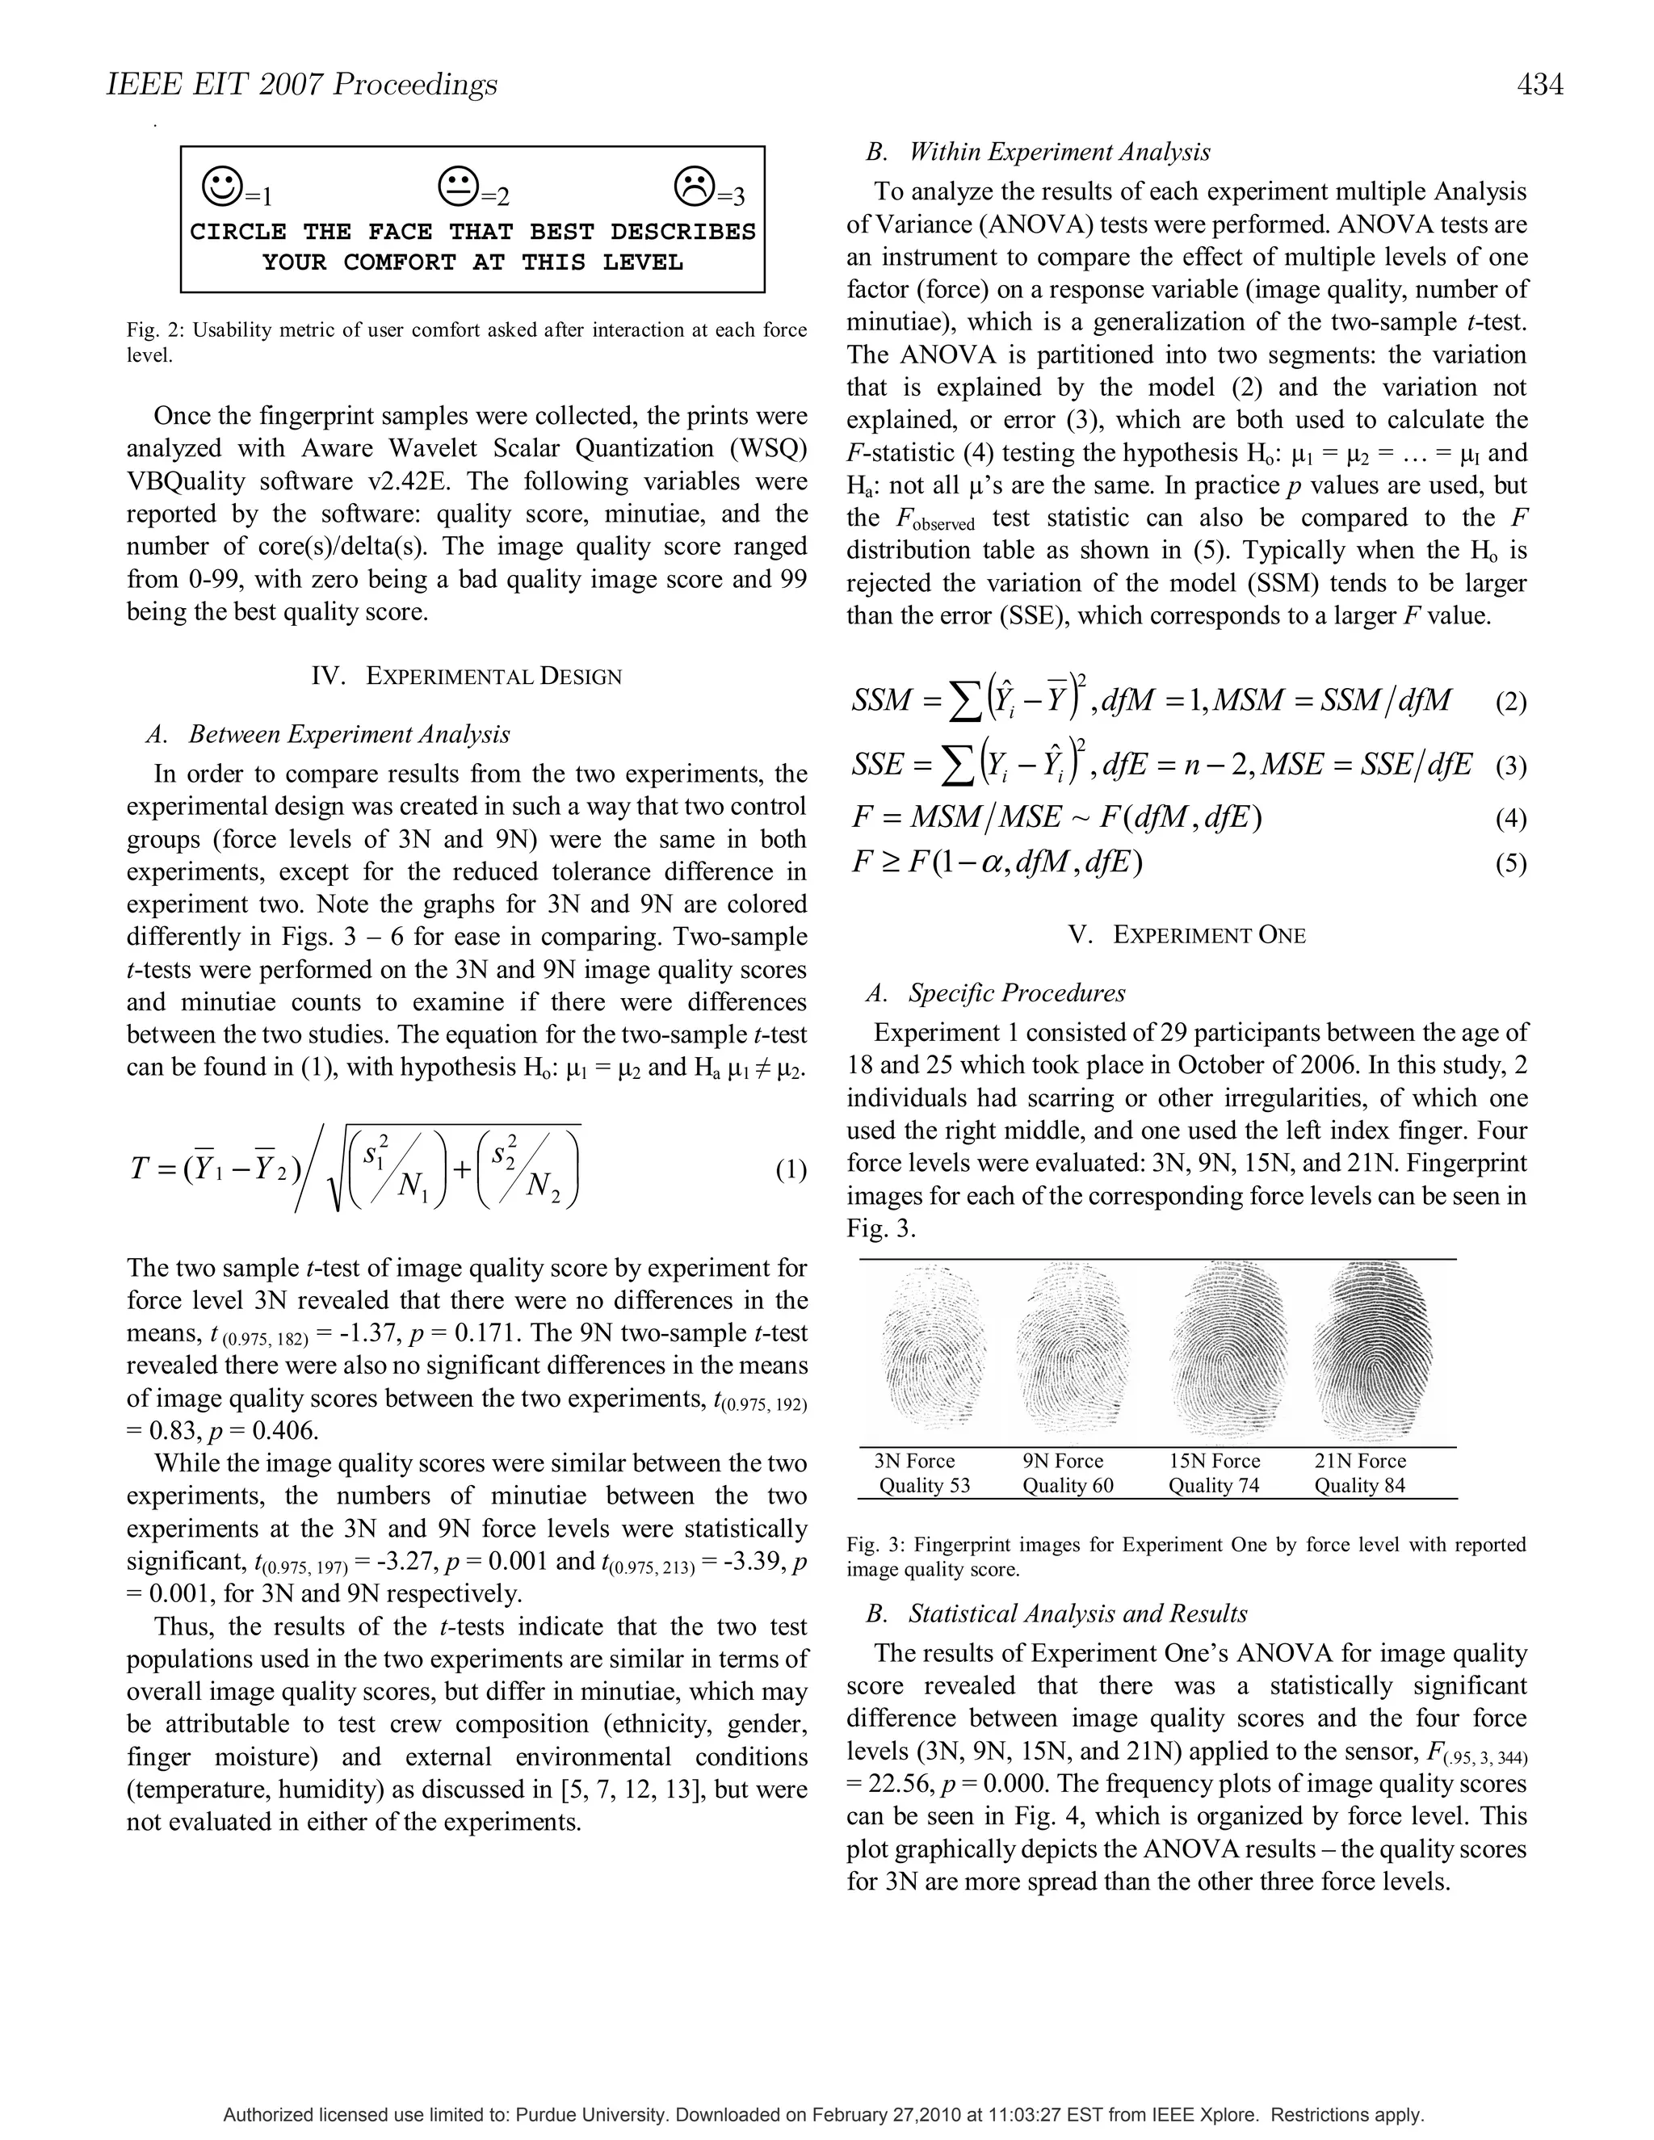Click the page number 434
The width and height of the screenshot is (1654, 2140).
(1539, 86)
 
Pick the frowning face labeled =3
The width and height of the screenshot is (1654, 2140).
(695, 184)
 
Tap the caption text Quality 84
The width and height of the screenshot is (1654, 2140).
(1359, 1484)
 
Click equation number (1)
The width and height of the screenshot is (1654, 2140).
(791, 1170)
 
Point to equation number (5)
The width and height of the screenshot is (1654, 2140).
(1511, 863)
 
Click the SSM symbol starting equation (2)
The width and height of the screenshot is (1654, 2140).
(881, 701)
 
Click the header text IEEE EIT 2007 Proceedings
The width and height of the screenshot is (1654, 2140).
(302, 86)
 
